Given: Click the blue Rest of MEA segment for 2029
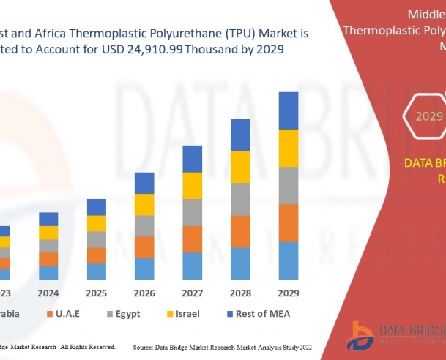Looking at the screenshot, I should coord(289,110).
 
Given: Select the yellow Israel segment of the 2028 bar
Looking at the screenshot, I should coord(240,167).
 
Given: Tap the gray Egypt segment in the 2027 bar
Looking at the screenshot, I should coord(192,212).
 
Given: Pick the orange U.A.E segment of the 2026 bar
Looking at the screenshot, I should coord(144,247).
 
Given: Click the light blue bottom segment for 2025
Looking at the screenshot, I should coord(96,271).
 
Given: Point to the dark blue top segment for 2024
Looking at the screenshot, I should coord(48,219).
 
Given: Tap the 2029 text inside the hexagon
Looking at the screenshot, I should coord(429,116).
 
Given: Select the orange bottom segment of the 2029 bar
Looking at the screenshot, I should coord(289,223).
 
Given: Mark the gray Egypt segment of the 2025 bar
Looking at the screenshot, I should coord(96,239).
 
